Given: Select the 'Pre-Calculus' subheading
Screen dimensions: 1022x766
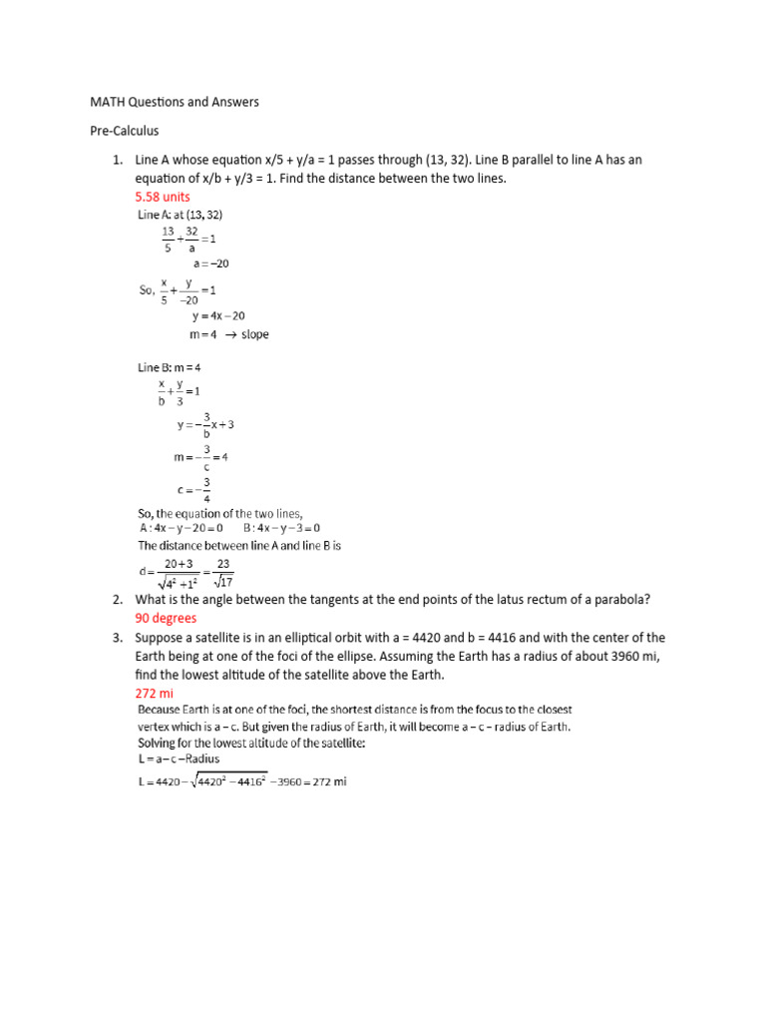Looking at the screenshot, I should click(125, 131).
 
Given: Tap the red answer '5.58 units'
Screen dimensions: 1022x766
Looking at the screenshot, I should click(162, 197).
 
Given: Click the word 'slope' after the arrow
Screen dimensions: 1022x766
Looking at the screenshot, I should click(254, 334).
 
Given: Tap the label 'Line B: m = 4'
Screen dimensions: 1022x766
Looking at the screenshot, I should click(174, 367).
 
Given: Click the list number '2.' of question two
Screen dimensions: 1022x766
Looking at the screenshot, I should click(117, 599).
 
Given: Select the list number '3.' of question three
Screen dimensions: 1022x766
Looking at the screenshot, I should click(117, 637).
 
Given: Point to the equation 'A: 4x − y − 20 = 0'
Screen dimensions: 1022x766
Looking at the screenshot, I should click(184, 528).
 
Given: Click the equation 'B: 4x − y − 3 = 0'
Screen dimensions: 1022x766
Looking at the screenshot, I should click(281, 528).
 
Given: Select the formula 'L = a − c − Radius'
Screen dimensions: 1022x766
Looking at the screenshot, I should click(179, 759).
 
